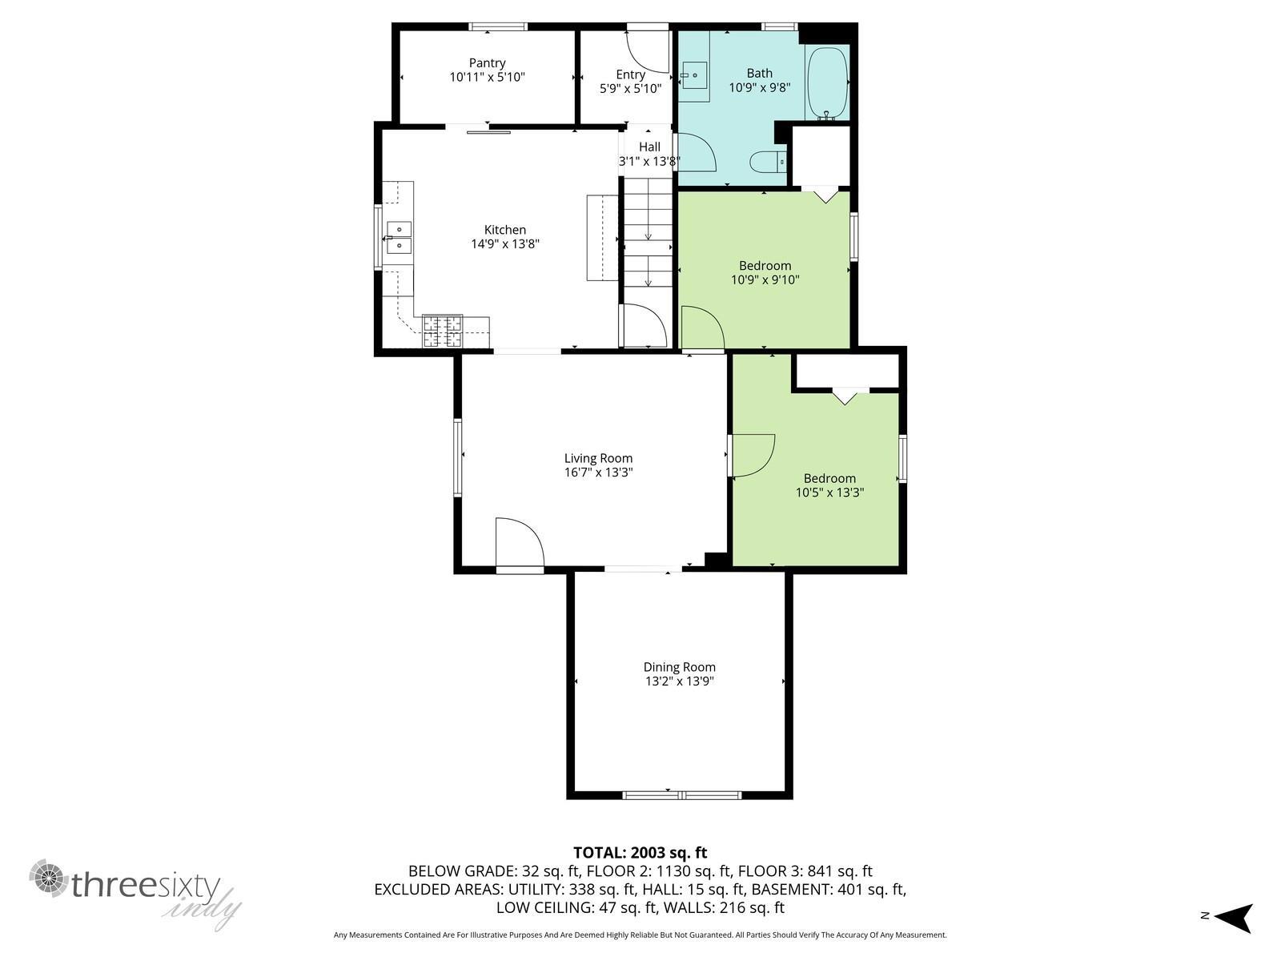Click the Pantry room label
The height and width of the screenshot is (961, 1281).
487,63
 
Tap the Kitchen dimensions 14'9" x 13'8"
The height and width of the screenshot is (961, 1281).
505,244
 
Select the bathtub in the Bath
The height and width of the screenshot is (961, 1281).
826,82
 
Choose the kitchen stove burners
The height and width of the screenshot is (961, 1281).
443,332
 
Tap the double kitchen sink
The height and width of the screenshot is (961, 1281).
398,237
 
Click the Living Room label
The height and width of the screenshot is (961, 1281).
598,459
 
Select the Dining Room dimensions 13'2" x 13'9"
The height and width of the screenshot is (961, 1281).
679,681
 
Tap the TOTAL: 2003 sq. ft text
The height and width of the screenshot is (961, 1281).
640,853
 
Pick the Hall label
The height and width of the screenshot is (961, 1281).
649,147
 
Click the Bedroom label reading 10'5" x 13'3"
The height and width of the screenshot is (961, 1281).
829,485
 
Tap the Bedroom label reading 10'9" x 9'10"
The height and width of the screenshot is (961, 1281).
765,273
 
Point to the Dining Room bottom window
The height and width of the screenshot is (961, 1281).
681,794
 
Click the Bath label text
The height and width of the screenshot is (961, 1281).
759,74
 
